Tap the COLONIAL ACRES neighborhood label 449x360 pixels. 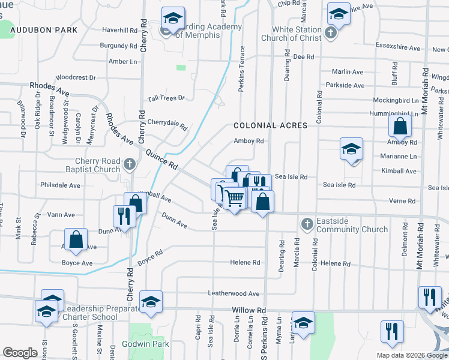pyautogui.click(x=270, y=125)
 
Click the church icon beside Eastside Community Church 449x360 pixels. pyautogui.click(x=307, y=224)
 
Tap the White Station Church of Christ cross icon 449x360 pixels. pyautogui.click(x=330, y=32)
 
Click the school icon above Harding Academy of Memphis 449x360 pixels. pyautogui.click(x=173, y=19)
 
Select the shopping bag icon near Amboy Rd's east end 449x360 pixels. pyautogui.click(x=400, y=127)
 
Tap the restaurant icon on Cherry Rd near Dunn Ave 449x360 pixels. pyautogui.click(x=124, y=216)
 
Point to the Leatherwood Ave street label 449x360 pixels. pyautogui.click(x=233, y=293)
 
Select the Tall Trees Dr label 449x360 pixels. pyautogui.click(x=166, y=98)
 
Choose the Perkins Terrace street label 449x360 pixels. pyautogui.click(x=241, y=69)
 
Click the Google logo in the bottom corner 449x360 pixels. pyautogui.click(x=20, y=353)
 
